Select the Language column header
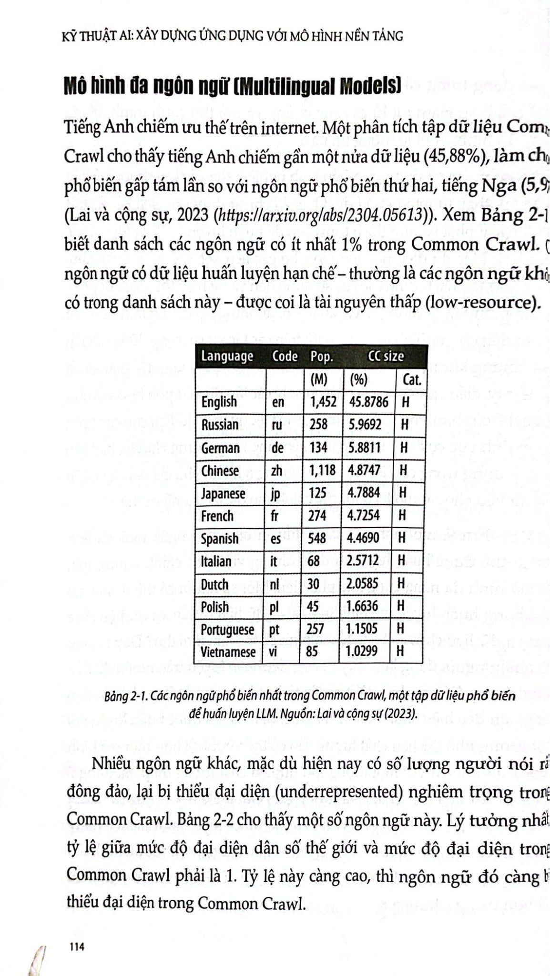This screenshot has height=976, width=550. (x=227, y=356)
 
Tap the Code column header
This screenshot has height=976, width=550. (x=285, y=356)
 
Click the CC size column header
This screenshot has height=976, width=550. (x=386, y=356)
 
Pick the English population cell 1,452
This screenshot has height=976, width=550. (x=323, y=402)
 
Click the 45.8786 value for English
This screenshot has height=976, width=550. (x=368, y=402)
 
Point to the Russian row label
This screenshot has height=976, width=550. (x=220, y=425)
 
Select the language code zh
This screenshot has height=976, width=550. (x=276, y=470)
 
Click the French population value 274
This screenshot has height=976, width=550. (x=317, y=516)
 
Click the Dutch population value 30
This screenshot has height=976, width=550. (x=314, y=584)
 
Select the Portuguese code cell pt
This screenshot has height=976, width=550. (x=274, y=630)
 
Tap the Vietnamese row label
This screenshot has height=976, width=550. (x=228, y=651)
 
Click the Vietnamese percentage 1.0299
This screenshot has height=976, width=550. (x=361, y=651)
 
